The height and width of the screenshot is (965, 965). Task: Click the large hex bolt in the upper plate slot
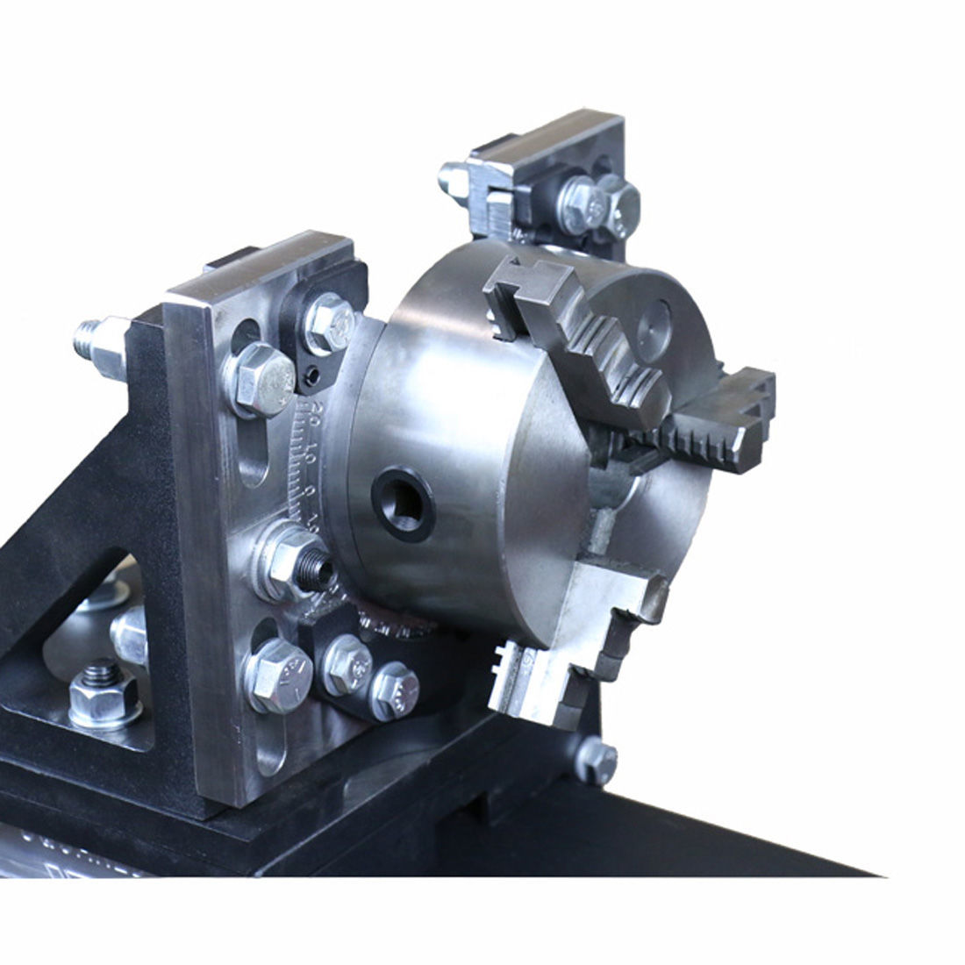[261, 377]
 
